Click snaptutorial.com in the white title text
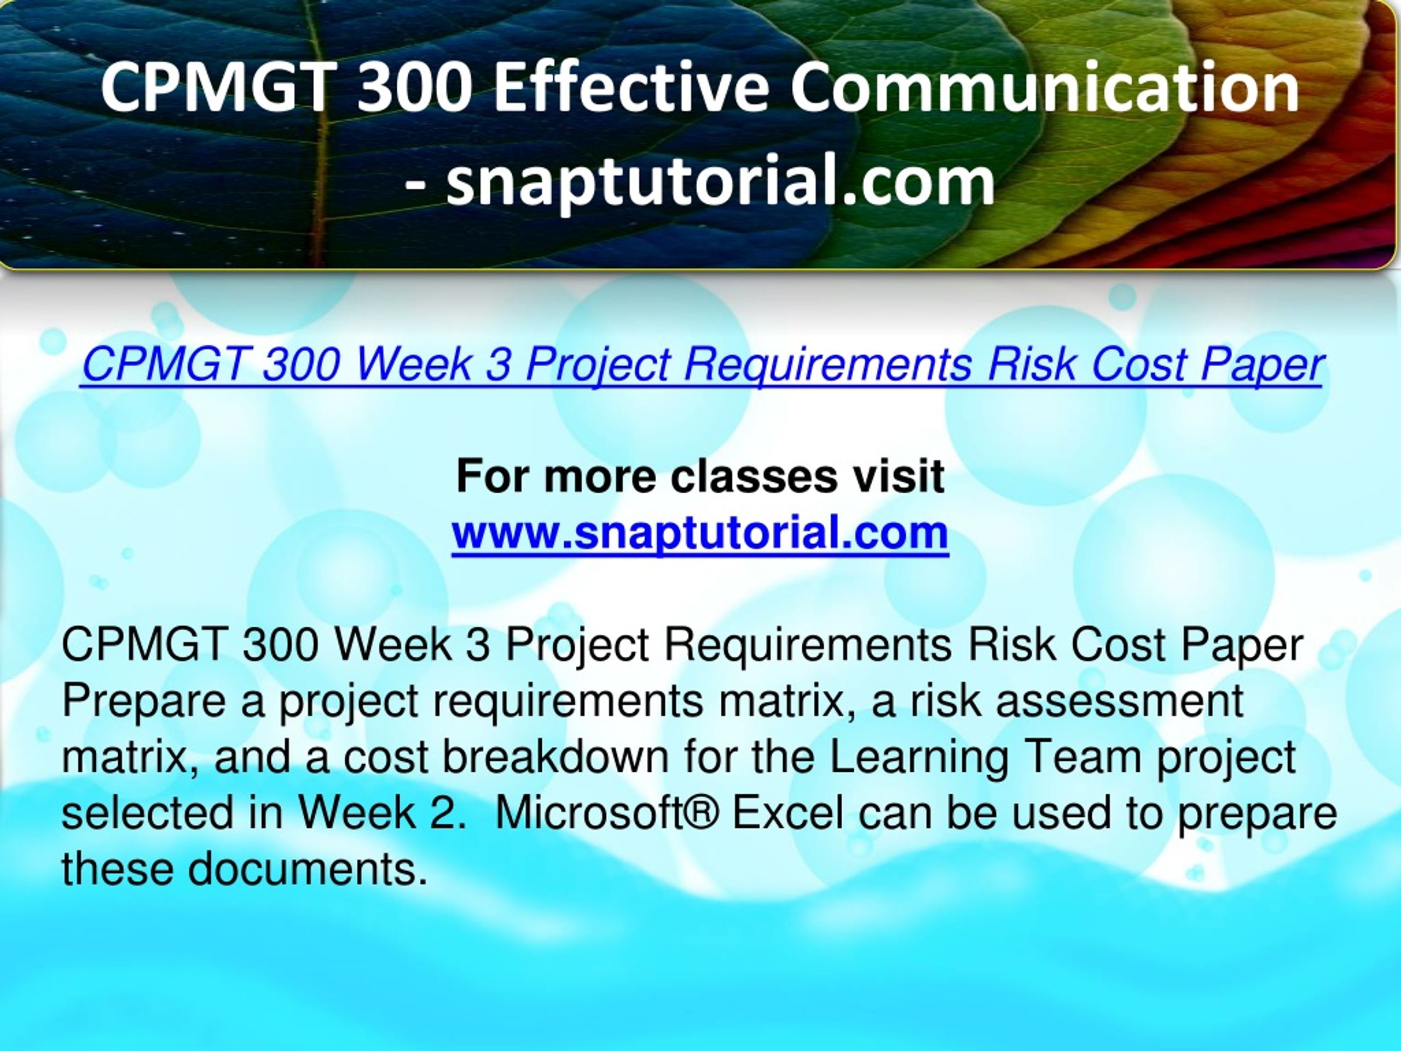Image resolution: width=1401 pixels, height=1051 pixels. click(x=720, y=182)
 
